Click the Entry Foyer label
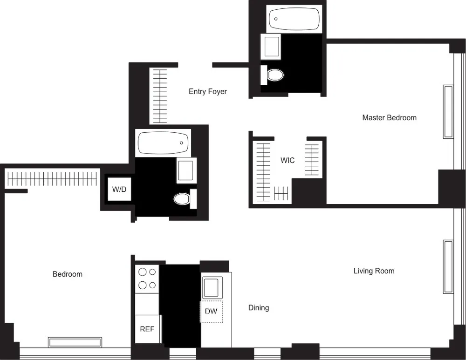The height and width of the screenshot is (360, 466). pos(208,91)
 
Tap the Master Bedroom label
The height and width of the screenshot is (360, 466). pos(389,117)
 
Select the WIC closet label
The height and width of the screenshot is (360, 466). pos(288,161)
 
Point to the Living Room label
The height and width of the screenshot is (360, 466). pos(374,271)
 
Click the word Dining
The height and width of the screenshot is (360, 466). pos(258,308)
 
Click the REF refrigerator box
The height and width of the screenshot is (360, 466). pos(147,329)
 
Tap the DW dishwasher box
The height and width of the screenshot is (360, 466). pos(211,311)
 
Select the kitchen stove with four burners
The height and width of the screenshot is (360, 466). pos(147,278)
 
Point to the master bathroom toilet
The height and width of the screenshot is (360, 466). pos(274,75)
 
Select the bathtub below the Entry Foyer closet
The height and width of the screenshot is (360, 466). pos(163,143)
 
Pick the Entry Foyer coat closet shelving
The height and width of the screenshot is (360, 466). pos(159,96)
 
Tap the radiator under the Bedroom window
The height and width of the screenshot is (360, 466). pos(75,342)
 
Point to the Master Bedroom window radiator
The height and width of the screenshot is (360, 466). pos(448,111)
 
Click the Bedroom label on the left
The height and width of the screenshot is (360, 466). pos(68,274)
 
